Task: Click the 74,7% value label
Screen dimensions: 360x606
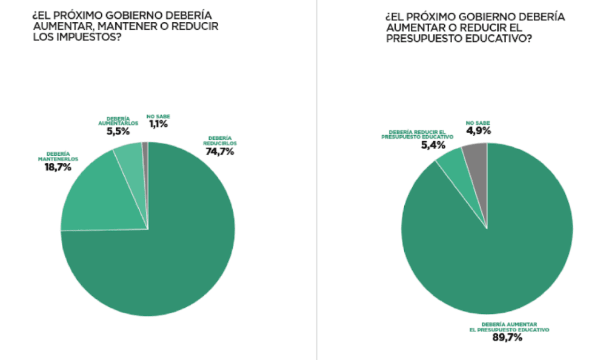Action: click(x=219, y=152)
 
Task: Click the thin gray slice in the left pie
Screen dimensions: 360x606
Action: click(x=145, y=158)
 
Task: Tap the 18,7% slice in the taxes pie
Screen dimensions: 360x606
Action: click(x=91, y=194)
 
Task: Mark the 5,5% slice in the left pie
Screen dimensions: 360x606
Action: click(x=130, y=162)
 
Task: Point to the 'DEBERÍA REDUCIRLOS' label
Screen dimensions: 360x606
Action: click(x=219, y=141)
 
